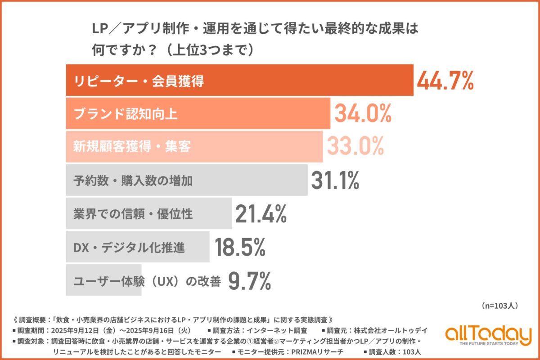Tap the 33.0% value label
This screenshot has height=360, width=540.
[355, 146]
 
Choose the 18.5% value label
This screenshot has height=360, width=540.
[240, 247]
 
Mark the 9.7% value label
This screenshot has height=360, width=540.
[250, 281]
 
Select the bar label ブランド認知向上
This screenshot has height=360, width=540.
[125, 114]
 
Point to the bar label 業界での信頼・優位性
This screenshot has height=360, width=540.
[133, 214]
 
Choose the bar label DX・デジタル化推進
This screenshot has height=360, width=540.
[122, 247]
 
